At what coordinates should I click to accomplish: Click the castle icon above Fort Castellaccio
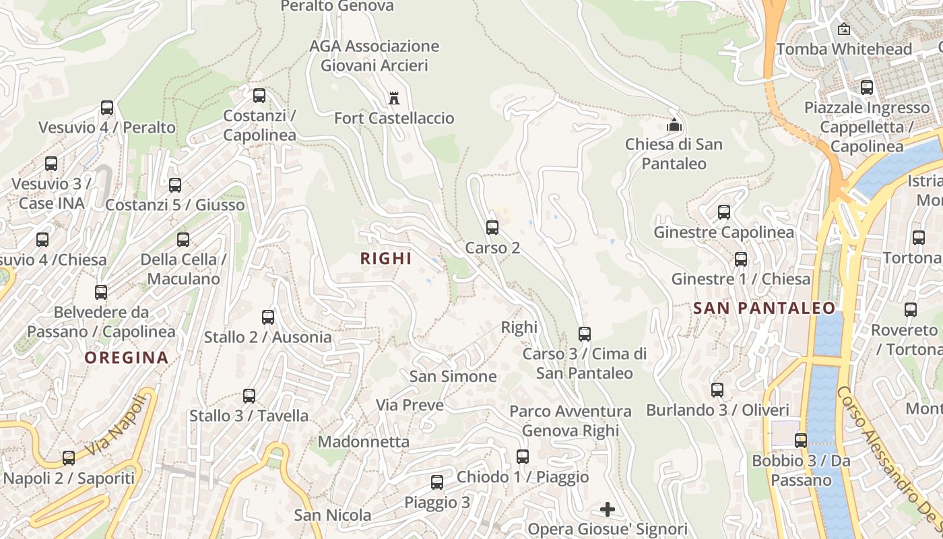tap(394, 99)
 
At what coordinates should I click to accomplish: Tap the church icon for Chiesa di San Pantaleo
tap(673, 125)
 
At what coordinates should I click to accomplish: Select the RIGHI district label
tap(386, 259)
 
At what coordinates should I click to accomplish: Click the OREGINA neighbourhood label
tap(127, 358)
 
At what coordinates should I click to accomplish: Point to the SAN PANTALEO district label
tap(765, 309)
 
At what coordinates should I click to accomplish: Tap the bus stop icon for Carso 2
tap(492, 228)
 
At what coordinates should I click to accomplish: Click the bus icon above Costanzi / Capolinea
tap(259, 96)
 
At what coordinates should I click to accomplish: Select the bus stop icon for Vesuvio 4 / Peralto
tap(107, 108)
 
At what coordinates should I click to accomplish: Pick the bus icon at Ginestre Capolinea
tap(724, 212)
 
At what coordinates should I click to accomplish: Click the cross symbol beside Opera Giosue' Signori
tap(608, 509)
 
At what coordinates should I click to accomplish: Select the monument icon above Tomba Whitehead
tap(843, 29)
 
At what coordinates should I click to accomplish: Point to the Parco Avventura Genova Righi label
tap(571, 421)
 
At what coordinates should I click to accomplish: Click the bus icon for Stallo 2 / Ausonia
tap(268, 317)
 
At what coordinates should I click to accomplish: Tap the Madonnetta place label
tap(364, 442)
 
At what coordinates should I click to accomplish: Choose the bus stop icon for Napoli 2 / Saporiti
tap(69, 458)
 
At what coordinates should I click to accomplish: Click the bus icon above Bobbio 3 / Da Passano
tap(801, 441)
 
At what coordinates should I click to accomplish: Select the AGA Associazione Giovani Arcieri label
tap(375, 56)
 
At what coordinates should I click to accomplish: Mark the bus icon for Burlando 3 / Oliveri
tap(717, 390)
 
